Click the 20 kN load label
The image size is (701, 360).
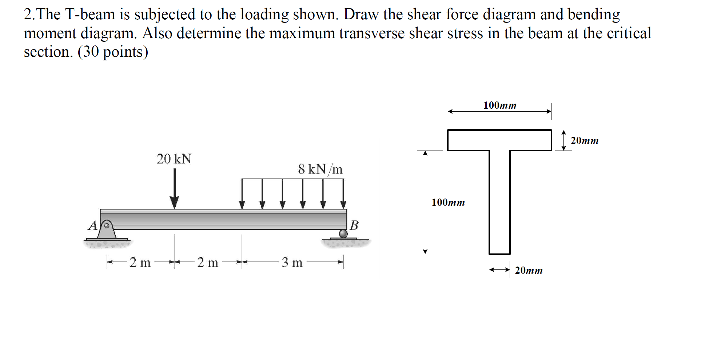(x=174, y=159)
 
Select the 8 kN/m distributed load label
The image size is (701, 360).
(x=320, y=169)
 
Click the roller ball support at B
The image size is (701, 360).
(x=343, y=233)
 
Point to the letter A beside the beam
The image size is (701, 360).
(x=92, y=226)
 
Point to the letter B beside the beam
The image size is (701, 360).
(x=354, y=225)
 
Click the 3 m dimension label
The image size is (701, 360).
(x=292, y=263)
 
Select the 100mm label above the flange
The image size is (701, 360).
(x=500, y=105)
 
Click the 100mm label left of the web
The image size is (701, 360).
(x=448, y=203)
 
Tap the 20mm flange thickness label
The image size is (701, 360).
(x=585, y=141)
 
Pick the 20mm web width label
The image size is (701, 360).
(x=529, y=271)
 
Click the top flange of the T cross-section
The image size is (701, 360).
(x=499, y=140)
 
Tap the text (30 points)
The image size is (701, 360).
(x=113, y=52)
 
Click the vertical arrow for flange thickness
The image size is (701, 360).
(x=563, y=140)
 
